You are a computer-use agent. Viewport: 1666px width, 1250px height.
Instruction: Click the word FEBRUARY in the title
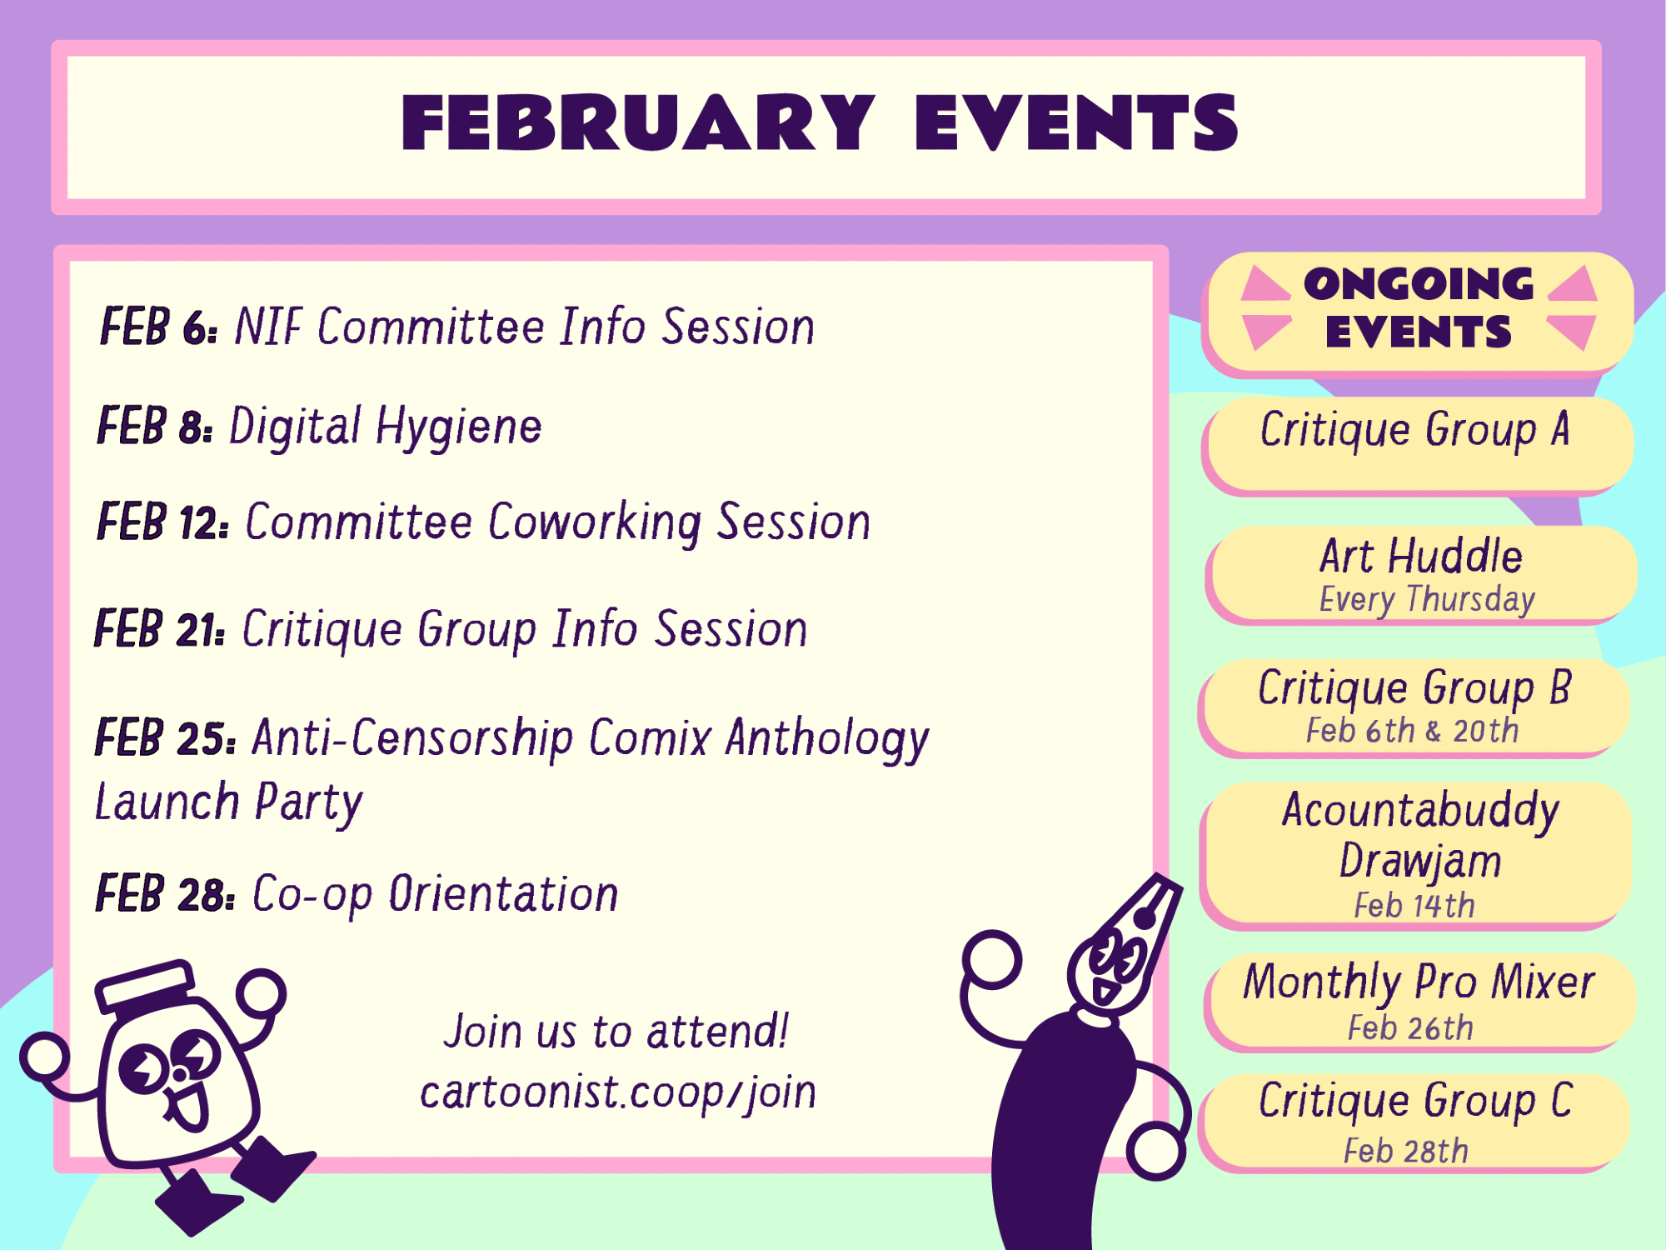(638, 122)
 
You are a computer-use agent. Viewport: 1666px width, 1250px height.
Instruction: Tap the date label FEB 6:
(159, 326)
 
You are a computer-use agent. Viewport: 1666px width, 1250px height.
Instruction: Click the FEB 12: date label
(163, 522)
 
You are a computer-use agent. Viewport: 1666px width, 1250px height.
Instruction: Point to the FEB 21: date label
(160, 628)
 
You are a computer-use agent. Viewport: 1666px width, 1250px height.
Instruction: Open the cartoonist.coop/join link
(618, 1093)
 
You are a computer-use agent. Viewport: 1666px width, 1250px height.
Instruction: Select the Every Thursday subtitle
(1427, 599)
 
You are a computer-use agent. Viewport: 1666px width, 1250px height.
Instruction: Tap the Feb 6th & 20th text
(1413, 731)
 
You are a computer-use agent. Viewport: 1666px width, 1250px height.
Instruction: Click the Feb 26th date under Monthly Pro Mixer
(1411, 1028)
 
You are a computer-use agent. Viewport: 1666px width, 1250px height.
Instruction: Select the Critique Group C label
(1415, 1102)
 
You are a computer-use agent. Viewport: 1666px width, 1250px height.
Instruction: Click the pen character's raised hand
(992, 960)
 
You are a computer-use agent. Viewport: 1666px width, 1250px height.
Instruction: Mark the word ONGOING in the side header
(1419, 284)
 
